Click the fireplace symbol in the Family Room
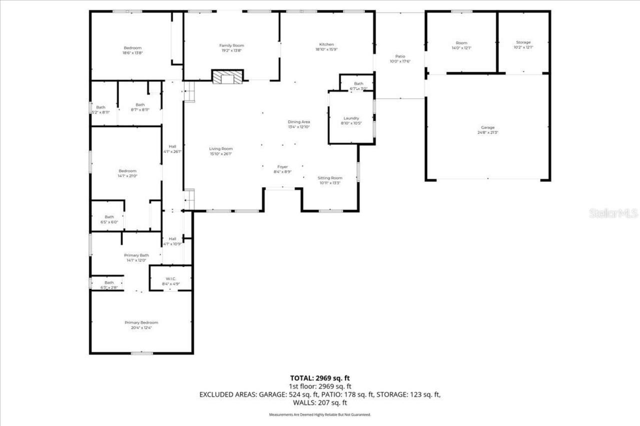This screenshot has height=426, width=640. [227, 77]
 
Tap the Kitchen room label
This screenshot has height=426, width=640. [326, 44]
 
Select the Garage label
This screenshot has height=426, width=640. [487, 127]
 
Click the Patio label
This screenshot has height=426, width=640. [400, 56]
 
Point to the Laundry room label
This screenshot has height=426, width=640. [351, 118]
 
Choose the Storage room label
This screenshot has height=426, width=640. [523, 42]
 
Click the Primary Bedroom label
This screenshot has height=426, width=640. [141, 323]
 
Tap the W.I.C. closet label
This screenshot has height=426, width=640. [171, 279]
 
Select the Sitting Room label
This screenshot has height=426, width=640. [330, 178]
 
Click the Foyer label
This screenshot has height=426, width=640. [283, 166]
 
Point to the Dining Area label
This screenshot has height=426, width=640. [299, 122]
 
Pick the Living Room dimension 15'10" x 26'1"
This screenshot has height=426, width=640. [221, 154]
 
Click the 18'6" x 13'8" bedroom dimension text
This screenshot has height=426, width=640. [132, 53]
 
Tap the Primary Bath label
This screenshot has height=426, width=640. [136, 255]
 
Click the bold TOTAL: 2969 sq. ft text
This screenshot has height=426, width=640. [320, 378]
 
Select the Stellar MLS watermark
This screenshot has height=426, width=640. [613, 214]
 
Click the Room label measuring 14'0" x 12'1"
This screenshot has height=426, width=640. [460, 42]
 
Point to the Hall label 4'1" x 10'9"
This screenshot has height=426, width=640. [172, 239]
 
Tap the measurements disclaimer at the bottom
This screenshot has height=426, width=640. [320, 415]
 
